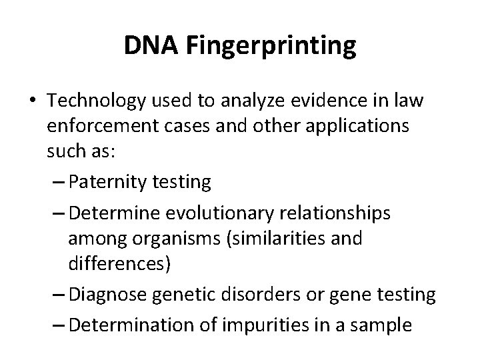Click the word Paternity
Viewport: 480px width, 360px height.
109,181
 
